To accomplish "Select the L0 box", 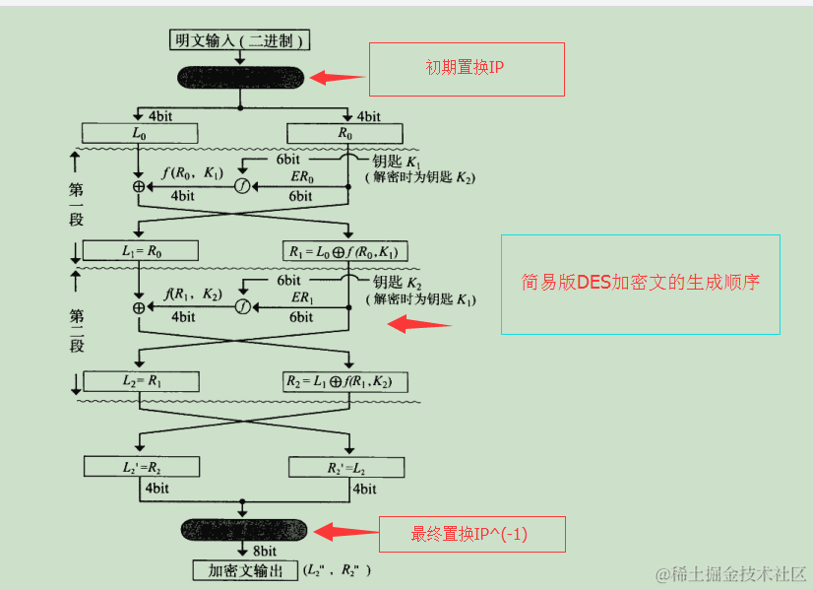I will tap(141, 132).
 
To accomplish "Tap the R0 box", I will tap(345, 132).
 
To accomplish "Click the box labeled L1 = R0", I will tap(141, 250).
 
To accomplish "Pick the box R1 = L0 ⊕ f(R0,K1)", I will tap(345, 250).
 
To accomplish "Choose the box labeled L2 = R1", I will tap(141, 381).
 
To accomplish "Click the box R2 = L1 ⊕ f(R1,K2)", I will tap(345, 381).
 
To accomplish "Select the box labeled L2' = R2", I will tap(141, 466).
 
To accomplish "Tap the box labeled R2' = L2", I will tap(345, 466).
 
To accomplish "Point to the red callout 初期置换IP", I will tap(466, 69).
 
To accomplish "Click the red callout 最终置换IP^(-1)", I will tap(471, 534).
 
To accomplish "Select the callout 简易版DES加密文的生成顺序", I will tap(640, 284).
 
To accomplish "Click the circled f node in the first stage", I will tap(242, 185).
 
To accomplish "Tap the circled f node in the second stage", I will tap(242, 306).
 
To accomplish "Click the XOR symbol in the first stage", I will tap(139, 185).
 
